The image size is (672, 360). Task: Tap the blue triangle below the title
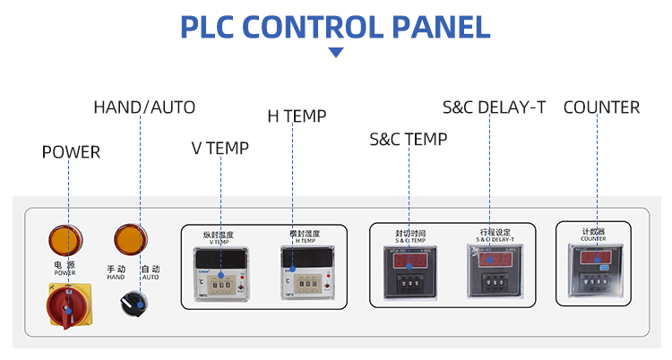[x=336, y=53]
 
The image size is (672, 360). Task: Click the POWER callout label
[x=71, y=152]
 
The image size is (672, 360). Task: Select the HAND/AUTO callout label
[x=144, y=107]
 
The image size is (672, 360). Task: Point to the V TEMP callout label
[x=220, y=148]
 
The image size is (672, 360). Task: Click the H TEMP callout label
[x=297, y=116]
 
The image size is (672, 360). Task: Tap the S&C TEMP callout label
[x=408, y=139]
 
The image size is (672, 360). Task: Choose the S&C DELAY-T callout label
[x=494, y=107]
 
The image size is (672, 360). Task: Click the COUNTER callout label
[x=601, y=107]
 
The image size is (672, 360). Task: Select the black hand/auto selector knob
[x=132, y=303]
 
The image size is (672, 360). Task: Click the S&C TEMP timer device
[x=409, y=274]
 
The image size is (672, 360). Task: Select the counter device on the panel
[x=593, y=271]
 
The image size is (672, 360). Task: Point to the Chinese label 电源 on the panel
[x=65, y=264]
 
